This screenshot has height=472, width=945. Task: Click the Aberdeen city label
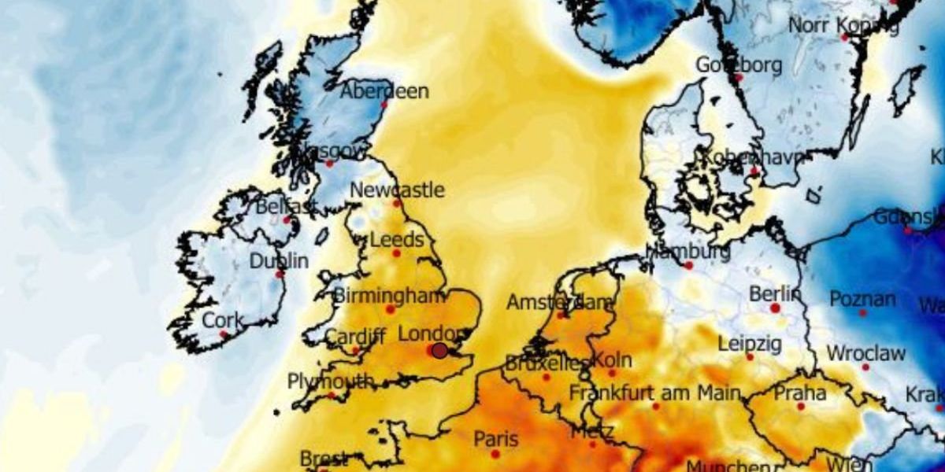pos(384,91)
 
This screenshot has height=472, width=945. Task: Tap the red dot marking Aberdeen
pos(385,105)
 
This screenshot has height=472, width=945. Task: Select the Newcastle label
pos(397,190)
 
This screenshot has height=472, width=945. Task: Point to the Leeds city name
pos(396,240)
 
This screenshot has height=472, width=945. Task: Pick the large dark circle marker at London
pos(439,351)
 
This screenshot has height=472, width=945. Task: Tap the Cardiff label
pos(355,337)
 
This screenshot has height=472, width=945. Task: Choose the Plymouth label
pos(331,382)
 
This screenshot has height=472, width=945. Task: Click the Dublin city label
pos(279,261)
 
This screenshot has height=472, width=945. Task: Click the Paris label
pos(496,438)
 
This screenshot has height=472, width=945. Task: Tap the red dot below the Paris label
pos(495,454)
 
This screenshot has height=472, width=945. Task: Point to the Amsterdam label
pos(560,302)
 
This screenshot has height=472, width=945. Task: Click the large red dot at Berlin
pos(775,308)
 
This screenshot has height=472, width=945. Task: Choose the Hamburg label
pos(687,253)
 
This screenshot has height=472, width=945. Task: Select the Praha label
pos(800,393)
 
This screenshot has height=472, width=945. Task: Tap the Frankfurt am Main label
pos(655,392)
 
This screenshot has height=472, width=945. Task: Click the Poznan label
pos(862,300)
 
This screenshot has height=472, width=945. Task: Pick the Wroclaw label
pos(865,353)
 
